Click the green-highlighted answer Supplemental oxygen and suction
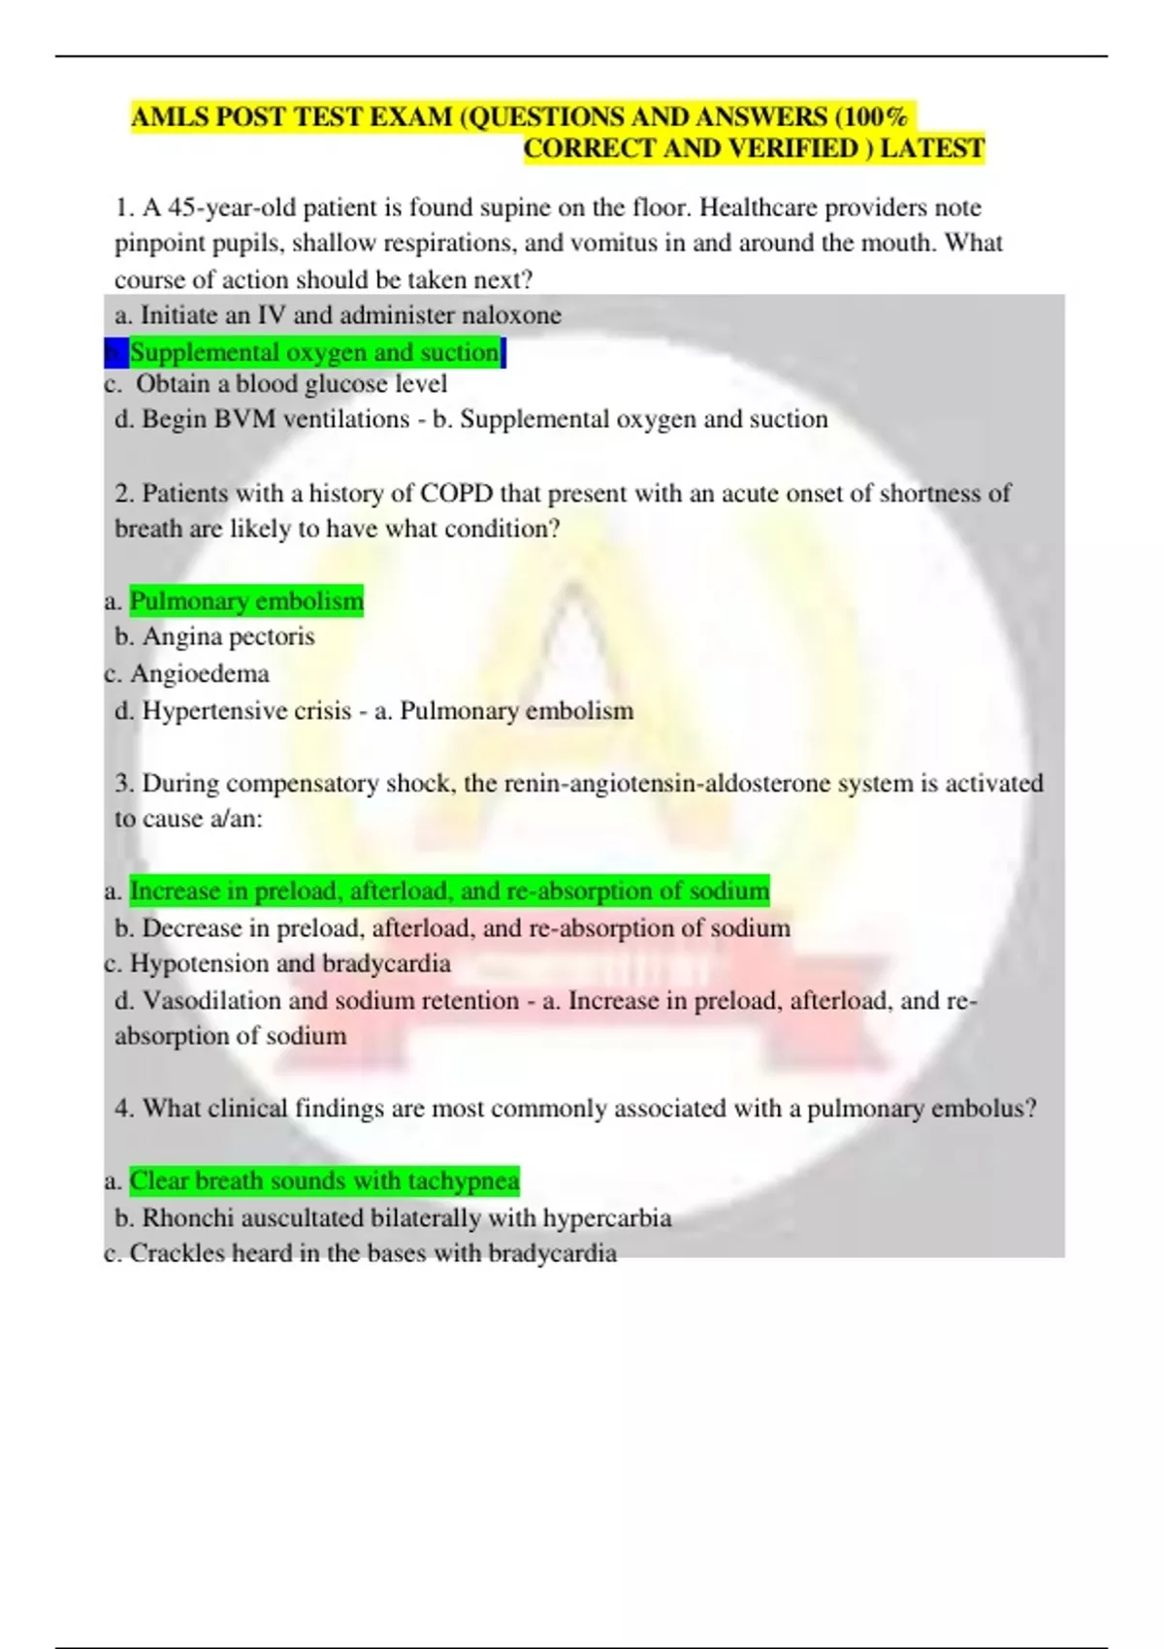coord(315,352)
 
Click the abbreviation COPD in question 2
coord(456,494)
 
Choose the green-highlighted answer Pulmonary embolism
coord(246,601)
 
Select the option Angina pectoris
coord(228,637)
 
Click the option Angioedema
coord(199,674)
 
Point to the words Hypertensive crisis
coord(246,711)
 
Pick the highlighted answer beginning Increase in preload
coord(449,890)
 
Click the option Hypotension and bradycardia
coord(290,964)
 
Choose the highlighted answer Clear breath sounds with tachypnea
coord(324,1181)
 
